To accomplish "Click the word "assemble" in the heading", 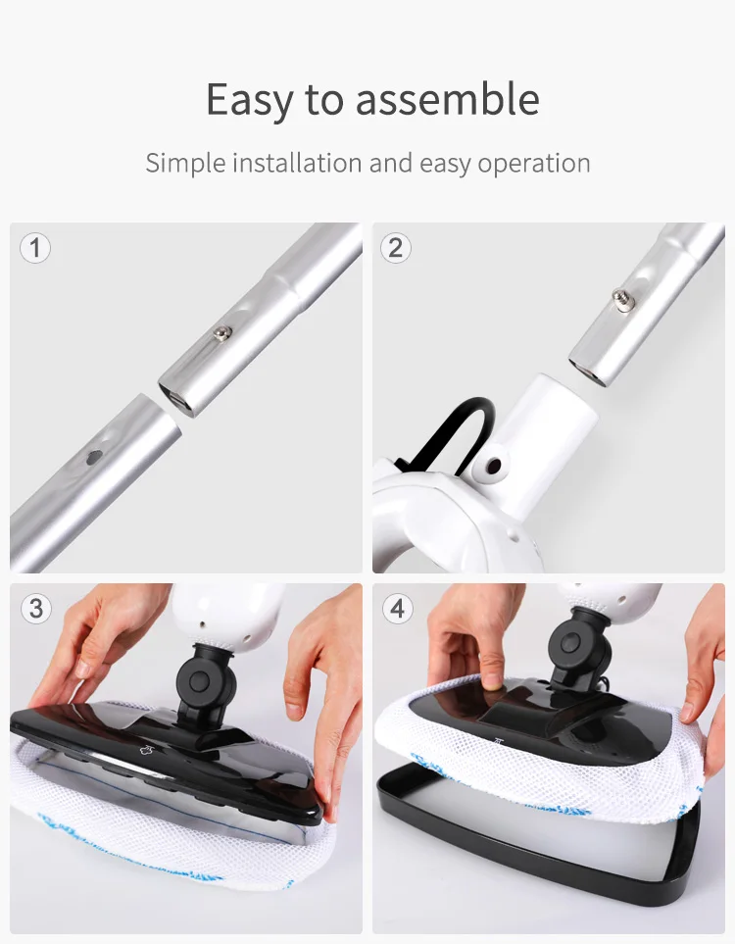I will tap(447, 100).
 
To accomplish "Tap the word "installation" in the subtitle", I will tap(298, 163).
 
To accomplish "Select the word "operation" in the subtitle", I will tap(534, 164).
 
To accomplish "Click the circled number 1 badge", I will tap(35, 247).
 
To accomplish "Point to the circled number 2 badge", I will tap(396, 247).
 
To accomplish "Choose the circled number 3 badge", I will tap(35, 609).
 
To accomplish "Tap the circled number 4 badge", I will tap(396, 609).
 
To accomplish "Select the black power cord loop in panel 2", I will tap(461, 422).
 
